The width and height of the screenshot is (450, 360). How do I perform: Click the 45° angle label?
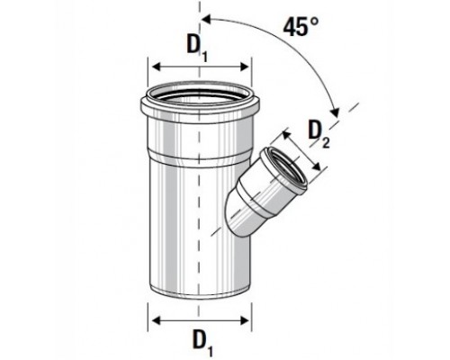click(x=301, y=27)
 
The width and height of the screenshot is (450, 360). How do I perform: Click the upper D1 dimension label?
click(x=197, y=48)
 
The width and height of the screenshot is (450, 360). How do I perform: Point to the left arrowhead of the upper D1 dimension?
click(x=157, y=67)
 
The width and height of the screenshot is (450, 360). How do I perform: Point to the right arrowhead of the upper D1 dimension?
click(x=245, y=67)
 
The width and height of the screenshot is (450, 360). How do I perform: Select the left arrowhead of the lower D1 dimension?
click(x=157, y=320)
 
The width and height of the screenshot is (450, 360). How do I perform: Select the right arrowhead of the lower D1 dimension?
click(x=244, y=320)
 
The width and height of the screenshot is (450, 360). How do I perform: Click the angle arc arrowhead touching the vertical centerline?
click(x=206, y=20)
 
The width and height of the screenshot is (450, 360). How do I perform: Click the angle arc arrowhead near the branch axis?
click(x=335, y=112)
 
